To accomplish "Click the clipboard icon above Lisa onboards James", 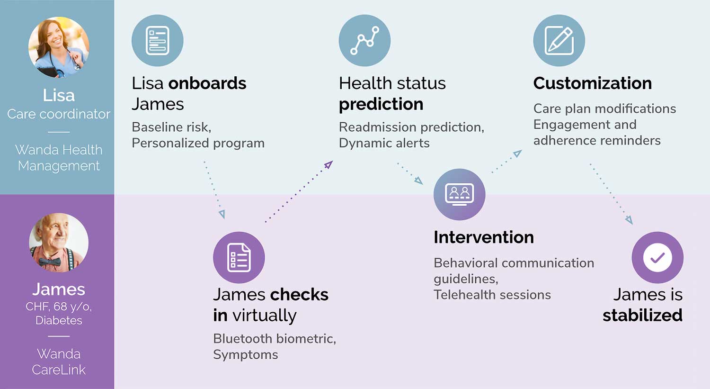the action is coord(158,41).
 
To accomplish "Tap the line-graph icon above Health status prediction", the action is coord(364,41).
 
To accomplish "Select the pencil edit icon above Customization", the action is coord(559,41).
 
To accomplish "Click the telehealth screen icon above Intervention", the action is coord(459,194).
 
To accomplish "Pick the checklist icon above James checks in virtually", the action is coord(239,258).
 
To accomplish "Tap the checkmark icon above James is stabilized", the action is coord(658,258).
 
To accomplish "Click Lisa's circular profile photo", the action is coord(59,47).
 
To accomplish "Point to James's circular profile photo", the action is coord(59,243).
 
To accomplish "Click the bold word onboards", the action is coord(207,83).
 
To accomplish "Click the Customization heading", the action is coord(593,83).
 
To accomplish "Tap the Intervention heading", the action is coord(484,237).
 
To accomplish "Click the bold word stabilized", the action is coord(642,316).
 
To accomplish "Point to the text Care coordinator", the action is coord(59,114).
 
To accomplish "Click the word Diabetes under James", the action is coord(59,320).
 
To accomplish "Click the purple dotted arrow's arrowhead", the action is coord(328,165).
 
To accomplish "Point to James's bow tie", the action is coord(50,262).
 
